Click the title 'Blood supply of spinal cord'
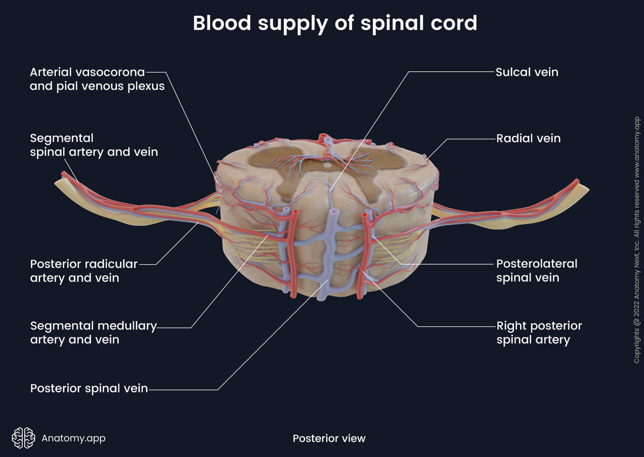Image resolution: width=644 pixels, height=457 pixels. (335, 23)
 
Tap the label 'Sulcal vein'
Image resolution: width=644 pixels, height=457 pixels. (527, 72)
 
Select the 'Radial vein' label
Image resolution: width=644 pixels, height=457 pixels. (528, 138)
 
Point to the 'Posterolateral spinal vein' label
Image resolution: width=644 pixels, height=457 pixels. (536, 271)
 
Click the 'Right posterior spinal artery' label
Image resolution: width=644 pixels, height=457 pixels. (538, 333)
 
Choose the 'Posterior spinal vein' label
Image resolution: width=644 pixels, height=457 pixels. (89, 388)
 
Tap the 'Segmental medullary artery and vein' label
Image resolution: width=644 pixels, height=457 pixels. (93, 333)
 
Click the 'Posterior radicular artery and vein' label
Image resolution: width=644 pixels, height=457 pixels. (84, 271)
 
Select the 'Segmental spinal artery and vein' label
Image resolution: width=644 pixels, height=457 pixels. (94, 145)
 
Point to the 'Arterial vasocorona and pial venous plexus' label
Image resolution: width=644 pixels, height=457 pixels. (97, 79)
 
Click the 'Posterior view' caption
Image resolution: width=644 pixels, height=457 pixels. (329, 438)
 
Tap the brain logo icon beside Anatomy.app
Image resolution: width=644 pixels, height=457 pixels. (23, 438)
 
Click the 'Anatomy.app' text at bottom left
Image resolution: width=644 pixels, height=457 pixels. (74, 438)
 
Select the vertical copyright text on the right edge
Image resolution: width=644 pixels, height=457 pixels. (637, 240)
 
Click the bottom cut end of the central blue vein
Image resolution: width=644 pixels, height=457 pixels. (322, 298)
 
